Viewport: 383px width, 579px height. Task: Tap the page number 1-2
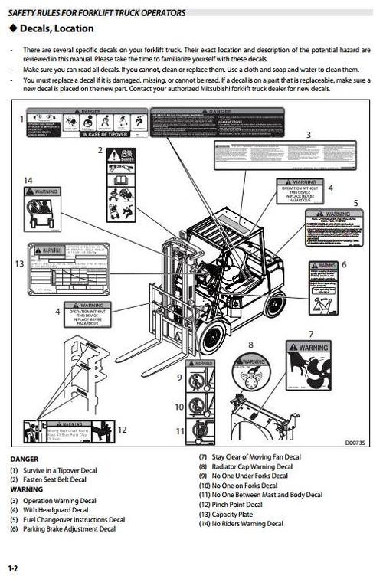pos(13,568)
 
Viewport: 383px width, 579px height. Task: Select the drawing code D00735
pos(355,442)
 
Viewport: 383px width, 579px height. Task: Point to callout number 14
pos(28,180)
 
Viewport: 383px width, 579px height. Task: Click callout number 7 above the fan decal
pos(310,334)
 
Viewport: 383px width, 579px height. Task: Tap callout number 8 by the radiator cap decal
pos(250,345)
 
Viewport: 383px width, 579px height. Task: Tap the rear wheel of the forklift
pos(273,304)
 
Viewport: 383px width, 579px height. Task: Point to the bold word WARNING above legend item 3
pos(27,489)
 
